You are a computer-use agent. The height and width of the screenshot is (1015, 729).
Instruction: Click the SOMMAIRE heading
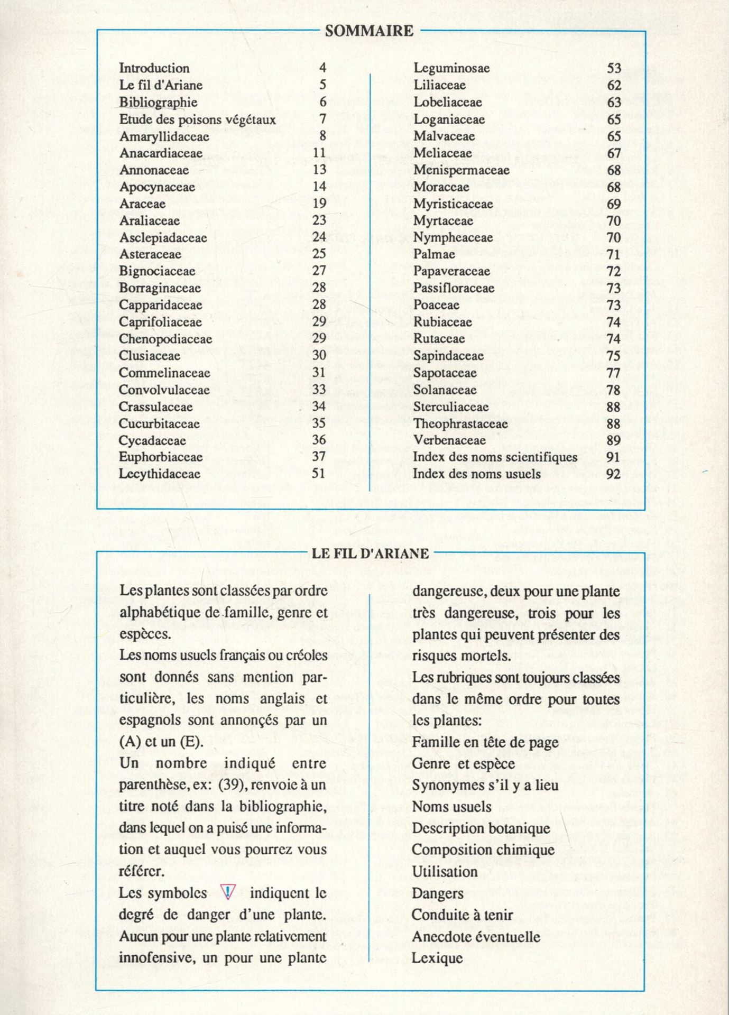coord(369,31)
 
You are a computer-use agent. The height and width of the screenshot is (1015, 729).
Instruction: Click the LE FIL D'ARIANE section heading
coord(370,553)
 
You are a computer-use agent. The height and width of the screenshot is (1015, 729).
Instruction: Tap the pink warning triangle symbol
coord(228,893)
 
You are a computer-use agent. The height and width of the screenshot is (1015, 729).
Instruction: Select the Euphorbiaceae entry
coord(161,457)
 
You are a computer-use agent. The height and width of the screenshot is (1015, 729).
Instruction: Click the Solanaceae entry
coord(445,390)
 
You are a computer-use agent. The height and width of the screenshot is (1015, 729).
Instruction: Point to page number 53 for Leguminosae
coord(614,68)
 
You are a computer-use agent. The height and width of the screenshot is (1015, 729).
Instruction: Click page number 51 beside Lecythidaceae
coord(318,473)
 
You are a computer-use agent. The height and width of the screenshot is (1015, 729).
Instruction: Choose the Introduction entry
coord(154,68)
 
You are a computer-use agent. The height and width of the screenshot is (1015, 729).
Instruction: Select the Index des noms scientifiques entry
coord(495,457)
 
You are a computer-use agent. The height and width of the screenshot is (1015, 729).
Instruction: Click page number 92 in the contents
coord(613,474)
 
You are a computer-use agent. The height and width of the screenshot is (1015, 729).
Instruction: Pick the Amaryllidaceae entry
coord(164,136)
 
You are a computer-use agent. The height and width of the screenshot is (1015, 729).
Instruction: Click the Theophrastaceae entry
coord(460,423)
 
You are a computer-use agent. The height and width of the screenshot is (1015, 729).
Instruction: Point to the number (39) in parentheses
coord(230,785)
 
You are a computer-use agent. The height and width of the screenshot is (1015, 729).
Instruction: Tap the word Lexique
coord(437,958)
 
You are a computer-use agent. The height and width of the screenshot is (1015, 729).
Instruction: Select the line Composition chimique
coord(483,850)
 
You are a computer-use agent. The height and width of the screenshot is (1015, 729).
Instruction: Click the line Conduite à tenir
coord(462,915)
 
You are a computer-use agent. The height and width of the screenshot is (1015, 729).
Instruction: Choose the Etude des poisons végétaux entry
coord(197,119)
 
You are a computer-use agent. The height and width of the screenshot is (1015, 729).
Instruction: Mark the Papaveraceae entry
coord(452,271)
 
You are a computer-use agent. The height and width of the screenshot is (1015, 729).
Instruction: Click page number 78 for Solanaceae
coord(613,390)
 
